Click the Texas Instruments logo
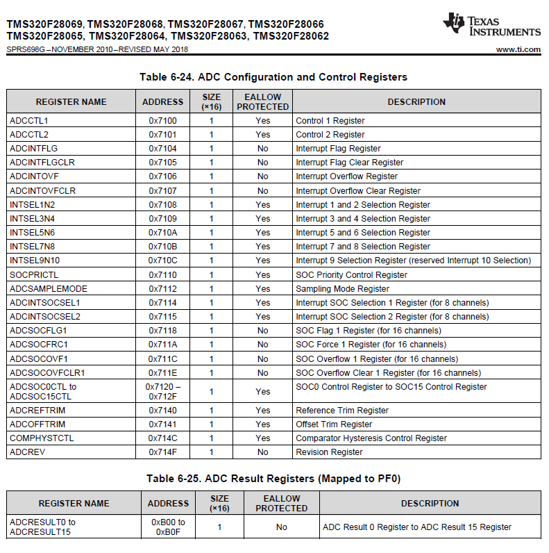[491, 25]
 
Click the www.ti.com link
[518, 49]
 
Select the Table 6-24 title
[273, 77]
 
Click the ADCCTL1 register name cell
[29, 121]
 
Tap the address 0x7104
[162, 149]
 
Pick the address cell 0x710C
[162, 261]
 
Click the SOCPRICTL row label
[34, 275]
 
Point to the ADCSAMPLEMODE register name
[49, 289]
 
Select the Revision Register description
[329, 452]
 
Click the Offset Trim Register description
[334, 424]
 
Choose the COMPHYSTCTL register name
[42, 438]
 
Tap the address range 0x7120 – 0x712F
[162, 392]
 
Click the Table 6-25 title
[273, 479]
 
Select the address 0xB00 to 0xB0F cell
[168, 527]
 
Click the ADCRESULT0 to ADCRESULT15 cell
[43, 527]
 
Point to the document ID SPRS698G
[26, 49]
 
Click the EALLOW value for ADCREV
[262, 452]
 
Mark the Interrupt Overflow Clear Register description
[358, 191]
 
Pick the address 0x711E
[162, 373]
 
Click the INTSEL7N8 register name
[32, 247]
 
